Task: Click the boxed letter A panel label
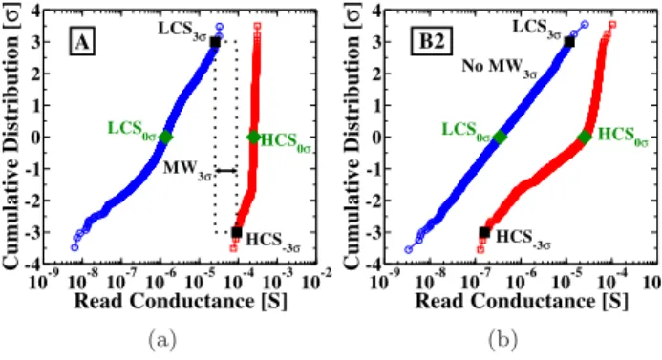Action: pos(82,43)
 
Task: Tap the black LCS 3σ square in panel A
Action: pos(215,42)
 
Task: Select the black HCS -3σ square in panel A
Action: pos(237,232)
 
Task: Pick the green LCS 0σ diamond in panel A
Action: pos(165,138)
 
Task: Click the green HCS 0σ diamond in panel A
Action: pos(254,138)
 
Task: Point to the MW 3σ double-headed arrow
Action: pos(226,171)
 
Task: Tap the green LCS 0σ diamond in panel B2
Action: pos(501,138)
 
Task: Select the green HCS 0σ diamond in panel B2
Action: pos(585,138)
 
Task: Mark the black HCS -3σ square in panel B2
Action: pos(484,232)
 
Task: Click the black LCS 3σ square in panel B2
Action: pos(569,42)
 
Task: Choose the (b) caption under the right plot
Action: pos(503,339)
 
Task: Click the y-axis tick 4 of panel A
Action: pos(36,11)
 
